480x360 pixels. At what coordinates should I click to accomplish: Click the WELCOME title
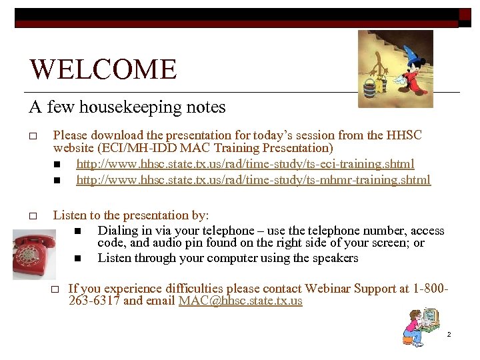tap(103, 70)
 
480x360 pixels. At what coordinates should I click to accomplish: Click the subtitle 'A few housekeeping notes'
tap(127, 107)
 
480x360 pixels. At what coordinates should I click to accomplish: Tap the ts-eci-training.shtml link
tap(245, 164)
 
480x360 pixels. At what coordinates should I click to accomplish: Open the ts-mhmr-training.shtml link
tap(253, 180)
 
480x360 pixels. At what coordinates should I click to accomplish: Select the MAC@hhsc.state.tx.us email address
tap(240, 301)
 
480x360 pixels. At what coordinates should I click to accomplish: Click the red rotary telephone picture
tap(29, 253)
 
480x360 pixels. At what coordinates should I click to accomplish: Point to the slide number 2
tap(449, 334)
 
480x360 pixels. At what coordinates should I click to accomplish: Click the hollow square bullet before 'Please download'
tap(33, 136)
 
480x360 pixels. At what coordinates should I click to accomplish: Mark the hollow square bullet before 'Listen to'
tap(33, 216)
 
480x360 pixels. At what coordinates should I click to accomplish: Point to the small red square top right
tap(465, 15)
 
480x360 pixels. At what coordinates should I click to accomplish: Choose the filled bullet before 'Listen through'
tap(78, 258)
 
